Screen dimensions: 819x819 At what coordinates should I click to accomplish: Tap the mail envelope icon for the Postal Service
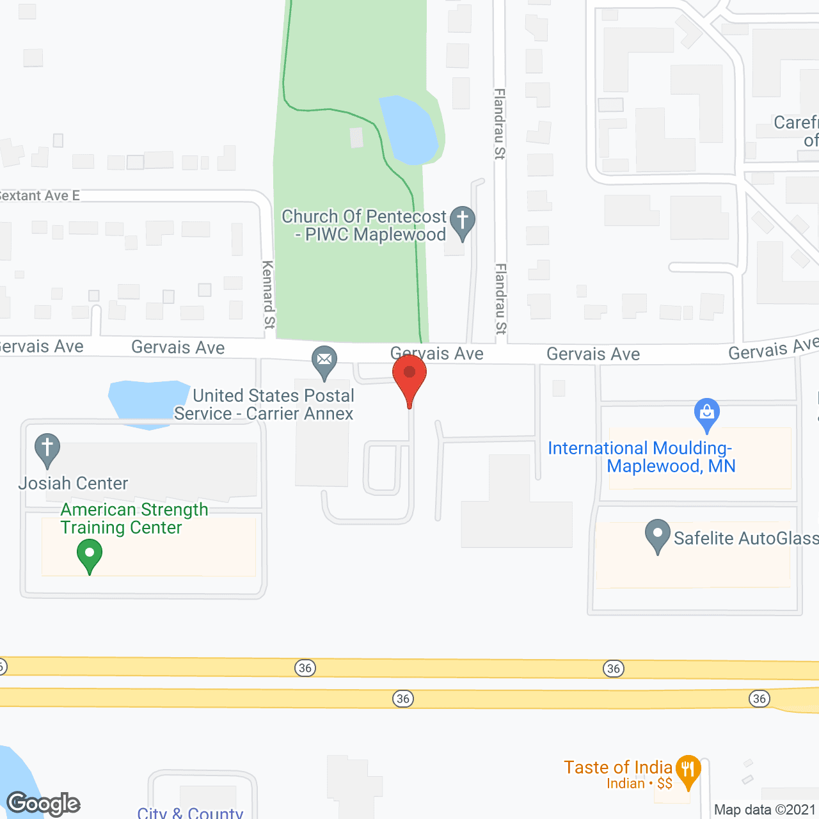324,360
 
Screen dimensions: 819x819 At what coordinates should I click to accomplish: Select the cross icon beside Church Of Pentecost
463,221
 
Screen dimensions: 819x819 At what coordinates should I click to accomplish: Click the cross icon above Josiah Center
47,448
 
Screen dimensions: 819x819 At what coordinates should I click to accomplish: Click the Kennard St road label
268,294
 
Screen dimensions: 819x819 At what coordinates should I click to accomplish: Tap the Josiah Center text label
73,483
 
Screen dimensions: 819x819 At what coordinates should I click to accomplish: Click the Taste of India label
617,767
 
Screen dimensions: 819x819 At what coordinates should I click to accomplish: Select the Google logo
44,804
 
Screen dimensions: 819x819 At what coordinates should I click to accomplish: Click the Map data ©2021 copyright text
765,809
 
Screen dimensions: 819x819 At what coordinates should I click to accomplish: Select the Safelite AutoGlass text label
745,538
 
